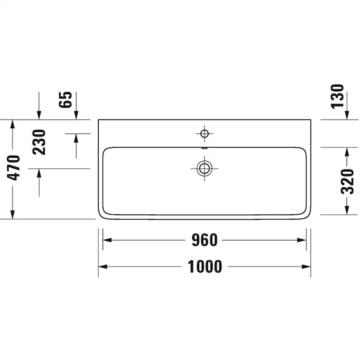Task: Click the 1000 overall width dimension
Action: coord(205,267)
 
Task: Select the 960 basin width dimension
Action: coord(205,240)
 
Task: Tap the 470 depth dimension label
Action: coord(14,168)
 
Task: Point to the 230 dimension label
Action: coord(39,142)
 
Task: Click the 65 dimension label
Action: coord(65,100)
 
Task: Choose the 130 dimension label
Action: coord(337,96)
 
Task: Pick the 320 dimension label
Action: coord(347,182)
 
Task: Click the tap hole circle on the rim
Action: coord(204,133)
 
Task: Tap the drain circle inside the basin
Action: coord(204,169)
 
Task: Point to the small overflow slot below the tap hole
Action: coord(204,148)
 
